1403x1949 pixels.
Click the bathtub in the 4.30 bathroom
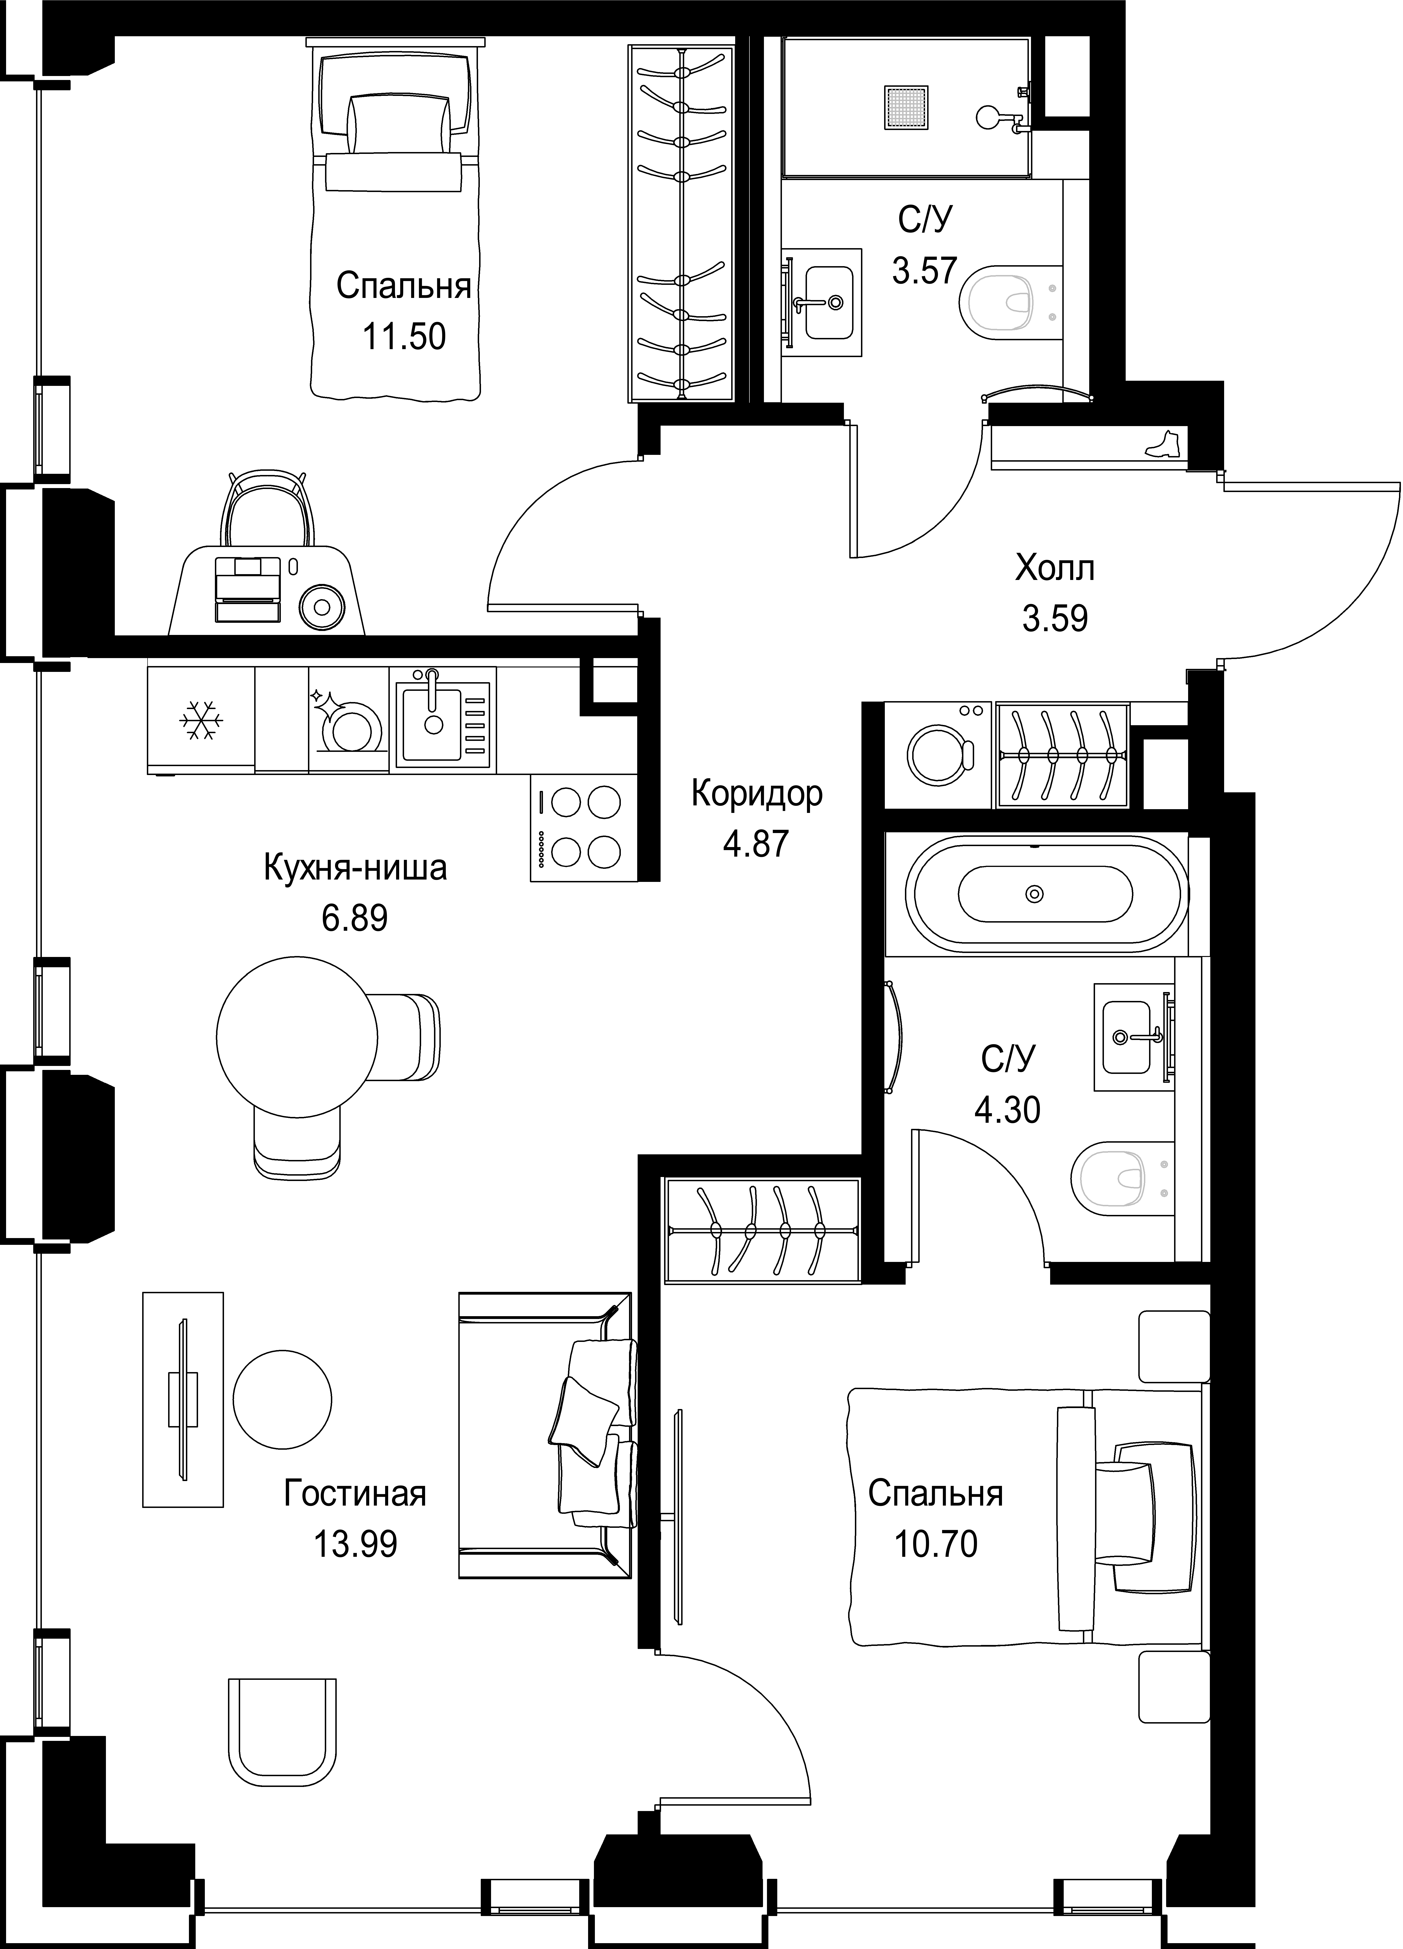click(1035, 894)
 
